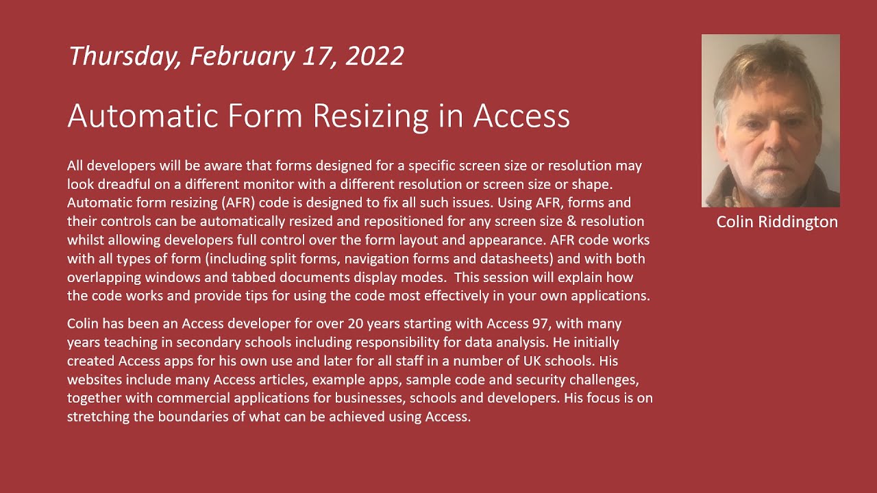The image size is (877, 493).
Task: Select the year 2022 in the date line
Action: (375, 56)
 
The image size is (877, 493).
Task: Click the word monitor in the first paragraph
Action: (291, 184)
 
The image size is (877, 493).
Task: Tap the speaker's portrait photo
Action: (770, 121)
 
